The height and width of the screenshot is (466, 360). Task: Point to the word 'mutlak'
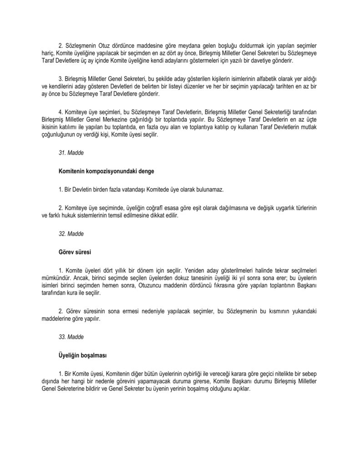[x=310, y=128]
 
